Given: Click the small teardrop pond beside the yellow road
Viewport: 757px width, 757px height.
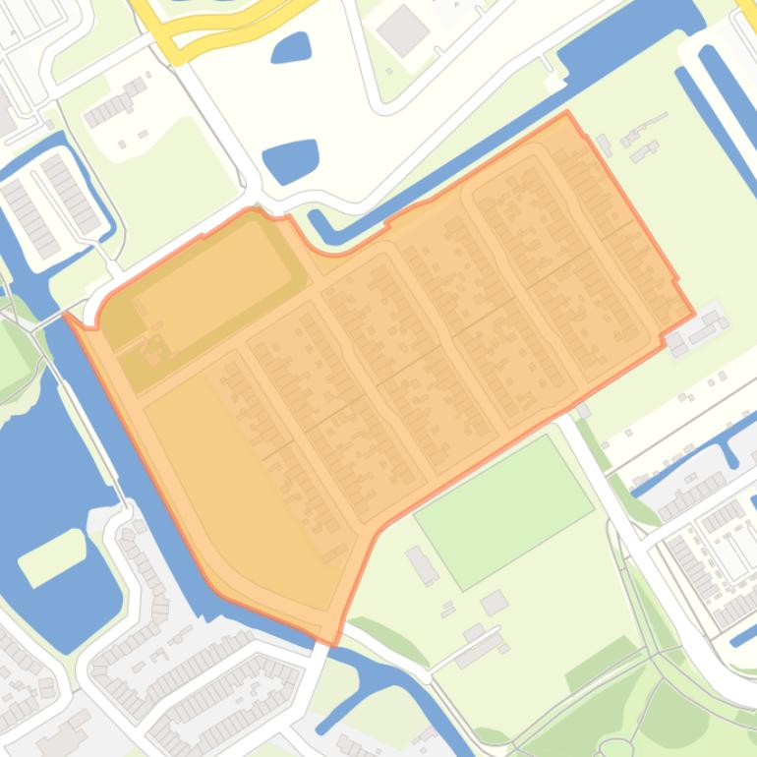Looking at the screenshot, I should tap(291, 46).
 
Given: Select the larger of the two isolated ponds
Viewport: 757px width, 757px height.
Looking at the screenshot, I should tap(292, 159).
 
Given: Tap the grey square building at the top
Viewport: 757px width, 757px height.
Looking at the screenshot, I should tap(403, 30).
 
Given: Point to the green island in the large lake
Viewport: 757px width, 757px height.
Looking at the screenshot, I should tap(52, 556).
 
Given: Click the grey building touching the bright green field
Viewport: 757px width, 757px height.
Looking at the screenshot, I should tap(422, 564).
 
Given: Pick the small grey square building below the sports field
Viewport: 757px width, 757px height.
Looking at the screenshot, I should tap(494, 601).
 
